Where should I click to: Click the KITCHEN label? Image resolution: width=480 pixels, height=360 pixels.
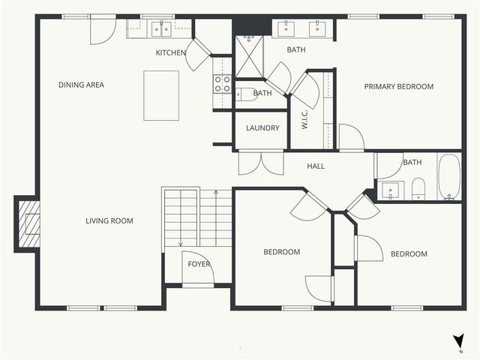click(170, 52)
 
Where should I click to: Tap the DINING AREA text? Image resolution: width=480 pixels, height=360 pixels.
click(81, 85)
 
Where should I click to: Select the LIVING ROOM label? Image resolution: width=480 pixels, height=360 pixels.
click(109, 220)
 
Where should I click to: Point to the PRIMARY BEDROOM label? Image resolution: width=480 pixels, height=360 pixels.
click(398, 86)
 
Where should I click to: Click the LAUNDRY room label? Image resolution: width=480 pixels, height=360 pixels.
click(262, 128)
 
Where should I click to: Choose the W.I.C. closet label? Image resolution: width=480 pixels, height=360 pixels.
click(305, 118)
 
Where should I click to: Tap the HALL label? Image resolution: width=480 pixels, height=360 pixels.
click(316, 166)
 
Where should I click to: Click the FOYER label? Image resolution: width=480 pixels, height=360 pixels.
click(199, 265)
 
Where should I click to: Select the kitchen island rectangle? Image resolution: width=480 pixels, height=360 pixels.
click(161, 95)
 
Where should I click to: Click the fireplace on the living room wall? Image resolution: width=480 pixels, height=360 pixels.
click(28, 224)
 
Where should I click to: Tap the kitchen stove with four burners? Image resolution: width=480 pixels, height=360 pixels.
click(222, 84)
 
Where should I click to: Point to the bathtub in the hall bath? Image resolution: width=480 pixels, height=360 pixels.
click(449, 177)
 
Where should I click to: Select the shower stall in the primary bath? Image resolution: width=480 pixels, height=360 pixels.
click(249, 58)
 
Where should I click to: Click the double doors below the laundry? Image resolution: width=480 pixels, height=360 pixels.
click(260, 163)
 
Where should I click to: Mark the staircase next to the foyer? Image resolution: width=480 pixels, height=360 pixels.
click(198, 217)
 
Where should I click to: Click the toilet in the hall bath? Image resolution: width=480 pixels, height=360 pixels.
click(418, 189)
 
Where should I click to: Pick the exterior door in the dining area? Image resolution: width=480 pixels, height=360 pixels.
click(103, 30)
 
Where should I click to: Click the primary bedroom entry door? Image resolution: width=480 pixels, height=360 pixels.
click(350, 139)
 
